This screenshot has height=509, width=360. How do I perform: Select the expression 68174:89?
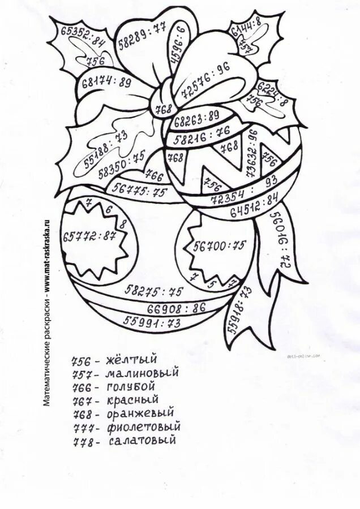[106, 83]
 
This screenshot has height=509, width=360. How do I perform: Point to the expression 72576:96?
[205, 80]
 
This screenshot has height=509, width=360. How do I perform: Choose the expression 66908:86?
[176, 308]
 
